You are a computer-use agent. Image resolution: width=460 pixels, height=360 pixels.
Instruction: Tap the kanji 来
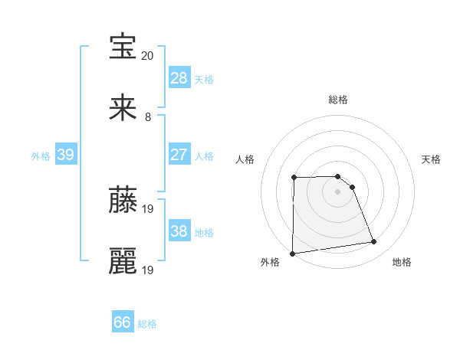(123, 107)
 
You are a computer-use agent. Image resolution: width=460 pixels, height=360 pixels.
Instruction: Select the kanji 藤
(123, 199)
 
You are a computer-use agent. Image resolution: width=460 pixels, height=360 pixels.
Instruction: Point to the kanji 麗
(123, 260)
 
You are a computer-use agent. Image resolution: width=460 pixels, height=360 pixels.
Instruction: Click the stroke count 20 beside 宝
(148, 56)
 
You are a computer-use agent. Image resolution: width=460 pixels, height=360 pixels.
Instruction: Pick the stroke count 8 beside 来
(148, 117)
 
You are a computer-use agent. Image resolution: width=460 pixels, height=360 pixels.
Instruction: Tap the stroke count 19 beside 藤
(148, 208)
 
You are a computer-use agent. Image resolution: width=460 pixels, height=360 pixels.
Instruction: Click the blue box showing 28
(179, 78)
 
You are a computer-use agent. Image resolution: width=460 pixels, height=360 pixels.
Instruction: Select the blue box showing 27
(179, 155)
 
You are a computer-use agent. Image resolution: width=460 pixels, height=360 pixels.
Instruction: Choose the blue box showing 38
(179, 231)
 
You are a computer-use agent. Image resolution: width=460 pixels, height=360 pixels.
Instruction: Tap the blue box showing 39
(65, 155)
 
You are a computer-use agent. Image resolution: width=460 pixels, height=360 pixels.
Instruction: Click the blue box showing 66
(123, 323)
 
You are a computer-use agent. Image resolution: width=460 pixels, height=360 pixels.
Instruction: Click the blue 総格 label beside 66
(147, 324)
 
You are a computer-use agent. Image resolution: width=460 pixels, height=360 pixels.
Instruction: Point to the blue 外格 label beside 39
(41, 155)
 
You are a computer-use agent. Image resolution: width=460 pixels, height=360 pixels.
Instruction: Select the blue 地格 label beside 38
(204, 232)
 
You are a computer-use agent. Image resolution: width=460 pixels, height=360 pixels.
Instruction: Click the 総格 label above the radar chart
(338, 100)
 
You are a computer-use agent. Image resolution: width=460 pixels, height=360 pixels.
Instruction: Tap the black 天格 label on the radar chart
(432, 159)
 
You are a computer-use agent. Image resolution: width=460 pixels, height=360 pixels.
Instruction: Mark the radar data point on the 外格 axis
(292, 254)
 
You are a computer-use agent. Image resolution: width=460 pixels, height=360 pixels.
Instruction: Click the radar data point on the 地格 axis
(374, 242)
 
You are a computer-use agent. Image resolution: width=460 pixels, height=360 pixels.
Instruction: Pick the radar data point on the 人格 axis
(294, 178)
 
